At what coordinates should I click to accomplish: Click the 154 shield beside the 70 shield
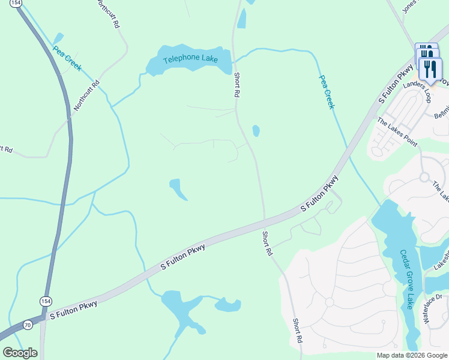pos(45,300)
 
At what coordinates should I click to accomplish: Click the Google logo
pos(20,353)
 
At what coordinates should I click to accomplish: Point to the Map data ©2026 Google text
pos(411,355)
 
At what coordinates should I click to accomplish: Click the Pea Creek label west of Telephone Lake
pos(67,59)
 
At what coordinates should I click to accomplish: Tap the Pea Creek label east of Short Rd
pos(326,92)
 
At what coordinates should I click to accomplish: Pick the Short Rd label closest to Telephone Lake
pos(237,85)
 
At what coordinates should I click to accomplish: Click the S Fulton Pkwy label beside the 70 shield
pos(73,310)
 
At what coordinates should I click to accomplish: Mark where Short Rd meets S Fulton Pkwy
pos(265,219)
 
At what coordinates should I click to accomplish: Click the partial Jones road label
pos(409,7)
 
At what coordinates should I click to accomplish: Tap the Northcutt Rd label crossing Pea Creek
pos(86,96)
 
